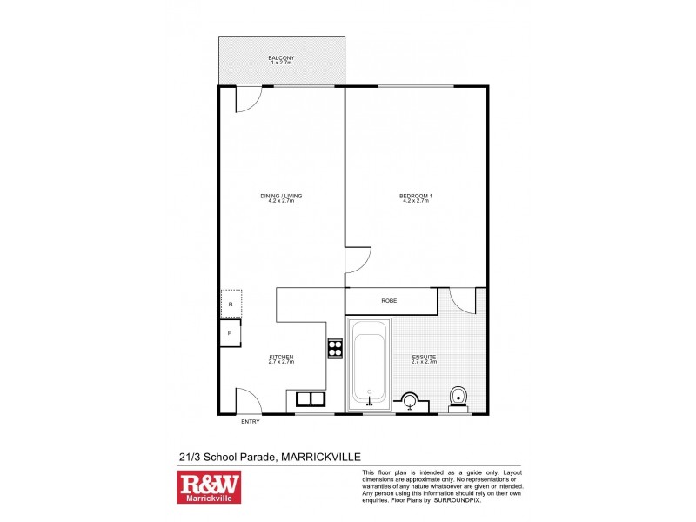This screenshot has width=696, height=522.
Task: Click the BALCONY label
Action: pyautogui.click(x=281, y=58)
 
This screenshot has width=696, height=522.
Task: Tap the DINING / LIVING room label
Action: pyautogui.click(x=281, y=197)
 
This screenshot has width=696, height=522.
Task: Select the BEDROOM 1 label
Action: pyautogui.click(x=416, y=197)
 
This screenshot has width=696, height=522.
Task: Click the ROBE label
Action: pyautogui.click(x=390, y=301)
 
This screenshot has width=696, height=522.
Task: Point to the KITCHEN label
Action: pyautogui.click(x=281, y=358)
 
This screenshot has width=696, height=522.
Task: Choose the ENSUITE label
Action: pyautogui.click(x=424, y=358)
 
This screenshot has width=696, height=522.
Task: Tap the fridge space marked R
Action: pyautogui.click(x=231, y=304)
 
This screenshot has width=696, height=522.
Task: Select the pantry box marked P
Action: pyautogui.click(x=230, y=333)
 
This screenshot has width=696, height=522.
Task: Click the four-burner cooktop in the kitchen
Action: pyautogui.click(x=335, y=348)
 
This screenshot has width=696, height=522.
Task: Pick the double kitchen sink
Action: pyautogui.click(x=308, y=400)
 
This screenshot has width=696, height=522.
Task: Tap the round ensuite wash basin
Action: pyautogui.click(x=410, y=401)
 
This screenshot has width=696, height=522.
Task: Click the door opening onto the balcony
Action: pyautogui.click(x=247, y=98)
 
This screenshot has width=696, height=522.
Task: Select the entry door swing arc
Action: pyautogui.click(x=249, y=400)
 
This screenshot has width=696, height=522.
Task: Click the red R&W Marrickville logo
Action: pyautogui.click(x=209, y=488)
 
